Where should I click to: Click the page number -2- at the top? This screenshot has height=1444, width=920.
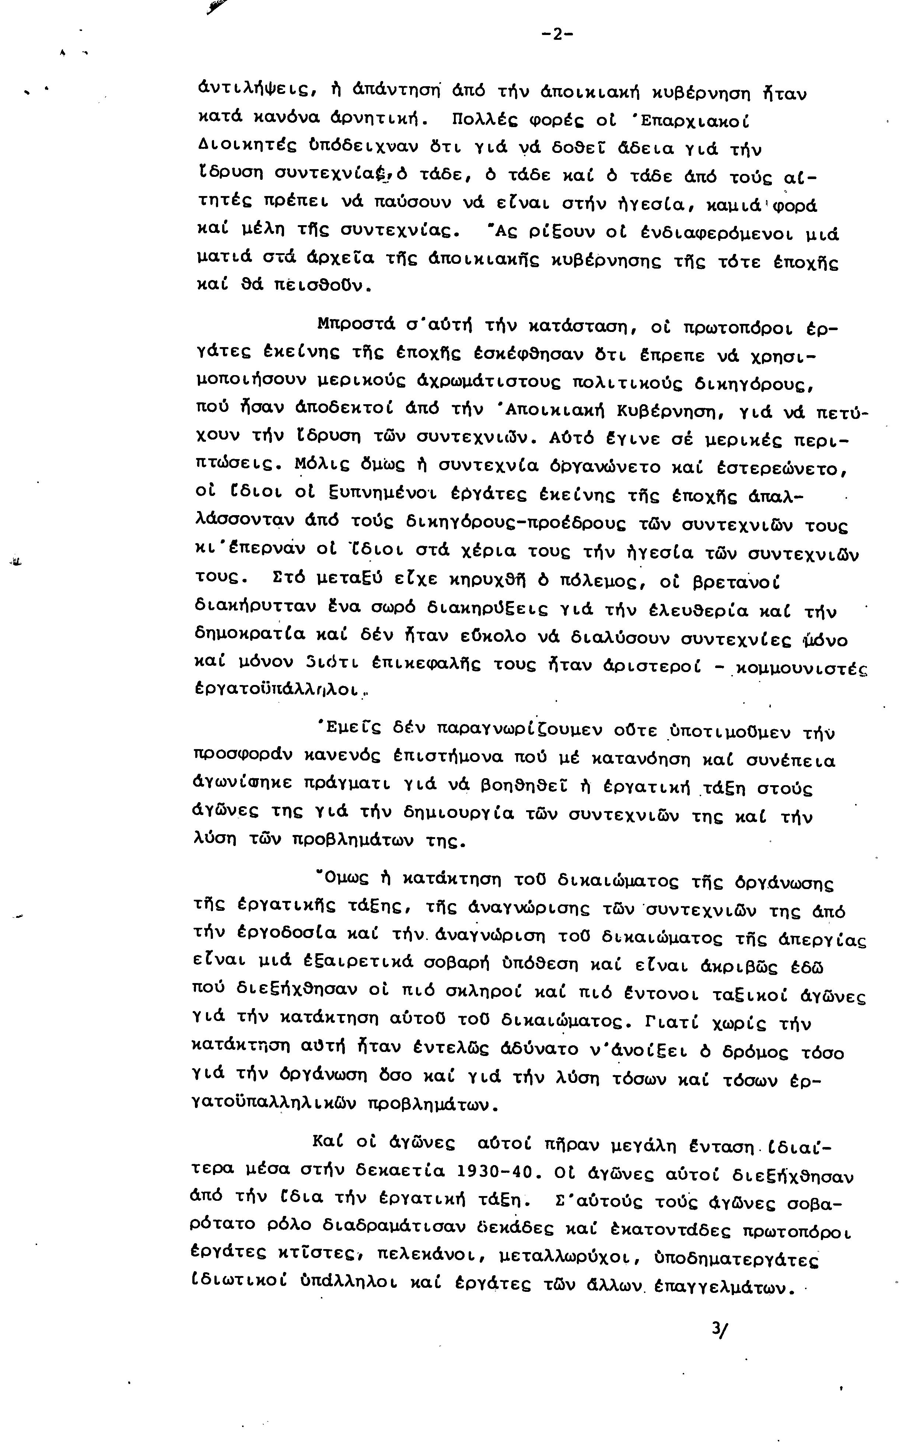click(x=557, y=35)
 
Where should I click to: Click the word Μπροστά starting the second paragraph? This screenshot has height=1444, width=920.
click(x=356, y=326)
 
